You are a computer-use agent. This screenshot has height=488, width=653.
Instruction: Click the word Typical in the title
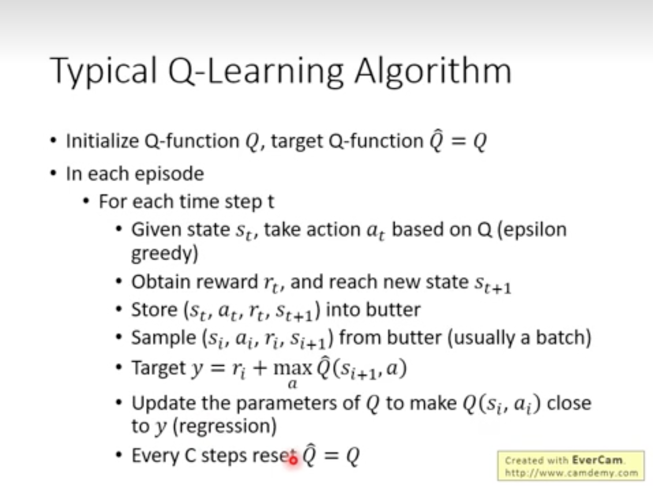tap(103, 71)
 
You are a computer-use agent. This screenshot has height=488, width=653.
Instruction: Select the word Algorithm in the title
tap(433, 71)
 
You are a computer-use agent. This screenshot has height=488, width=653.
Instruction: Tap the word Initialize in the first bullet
tap(102, 141)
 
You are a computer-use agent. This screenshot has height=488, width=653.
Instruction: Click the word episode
tap(169, 174)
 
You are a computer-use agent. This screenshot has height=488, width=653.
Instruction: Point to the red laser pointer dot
tap(293, 460)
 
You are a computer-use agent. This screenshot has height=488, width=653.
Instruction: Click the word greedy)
tap(165, 253)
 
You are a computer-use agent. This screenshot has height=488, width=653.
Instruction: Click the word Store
tap(154, 309)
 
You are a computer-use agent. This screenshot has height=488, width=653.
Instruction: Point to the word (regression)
tap(225, 426)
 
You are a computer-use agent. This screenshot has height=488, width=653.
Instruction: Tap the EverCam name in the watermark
tap(598, 460)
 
